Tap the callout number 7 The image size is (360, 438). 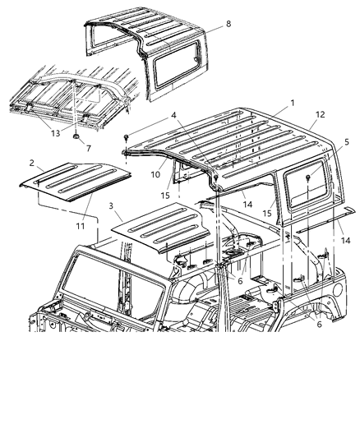point(88,148)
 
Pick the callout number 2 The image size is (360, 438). point(30,164)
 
